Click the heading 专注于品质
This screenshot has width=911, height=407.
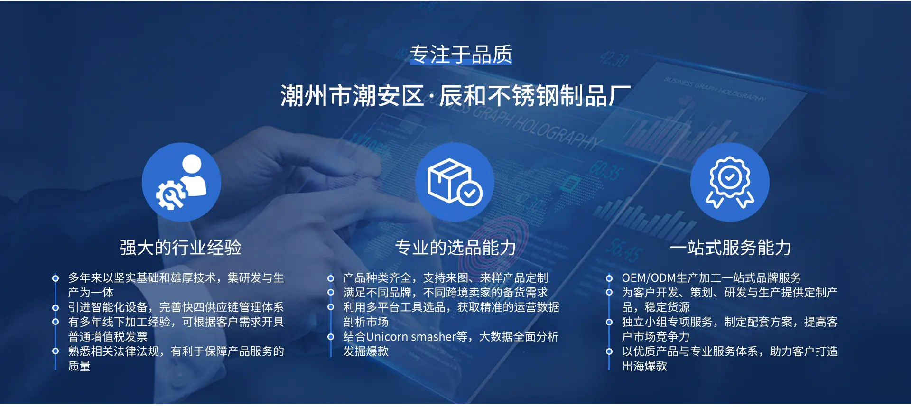pos(461,54)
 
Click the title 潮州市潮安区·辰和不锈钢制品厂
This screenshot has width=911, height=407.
pos(455,96)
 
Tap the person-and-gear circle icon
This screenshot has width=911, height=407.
pos(181,182)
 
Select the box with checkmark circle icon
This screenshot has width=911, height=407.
pos(455,182)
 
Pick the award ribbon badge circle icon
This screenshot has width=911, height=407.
pos(730,182)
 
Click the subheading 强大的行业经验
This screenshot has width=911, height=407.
pos(180,248)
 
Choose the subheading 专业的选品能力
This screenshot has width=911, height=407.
pos(455,248)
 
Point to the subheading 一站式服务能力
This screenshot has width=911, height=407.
pos(731,248)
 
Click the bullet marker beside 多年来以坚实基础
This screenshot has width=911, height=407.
pos(56,278)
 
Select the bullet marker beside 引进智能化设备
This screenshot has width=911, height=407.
pos(56,308)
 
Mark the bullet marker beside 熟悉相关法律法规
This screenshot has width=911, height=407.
pos(56,351)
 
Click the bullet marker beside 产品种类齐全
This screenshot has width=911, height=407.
pos(331,278)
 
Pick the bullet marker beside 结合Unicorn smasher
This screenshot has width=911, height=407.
pos(331,337)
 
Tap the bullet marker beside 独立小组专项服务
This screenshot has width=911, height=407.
pos(609,323)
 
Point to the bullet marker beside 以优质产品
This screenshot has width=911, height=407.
pos(609,351)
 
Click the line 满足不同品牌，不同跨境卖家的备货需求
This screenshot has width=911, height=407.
pos(446,293)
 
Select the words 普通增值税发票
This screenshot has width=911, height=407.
pos(108,337)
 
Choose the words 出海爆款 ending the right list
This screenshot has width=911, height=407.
pos(644,366)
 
